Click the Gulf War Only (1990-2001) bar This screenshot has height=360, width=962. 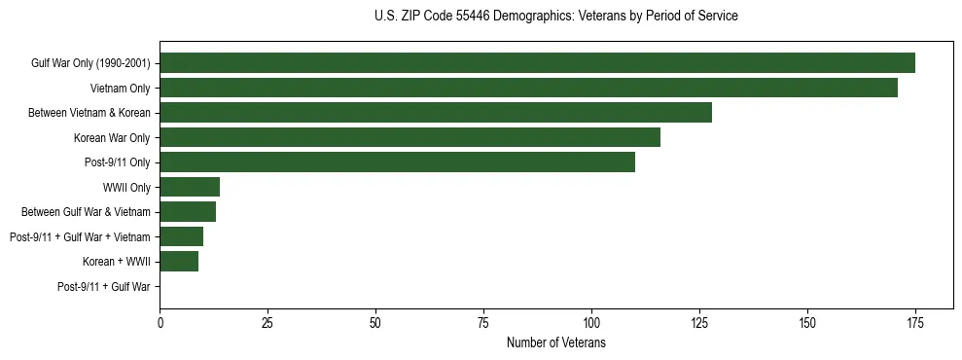pyautogui.click(x=537, y=63)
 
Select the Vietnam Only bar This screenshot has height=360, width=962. pyautogui.click(x=528, y=88)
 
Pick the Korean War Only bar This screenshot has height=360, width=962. pyautogui.click(x=410, y=137)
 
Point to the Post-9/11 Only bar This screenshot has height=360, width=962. pyautogui.click(x=397, y=162)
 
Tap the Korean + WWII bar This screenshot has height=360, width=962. pyautogui.click(x=179, y=262)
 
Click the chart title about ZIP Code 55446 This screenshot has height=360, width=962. pyautogui.click(x=555, y=17)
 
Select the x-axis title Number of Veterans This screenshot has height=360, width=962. pyautogui.click(x=555, y=343)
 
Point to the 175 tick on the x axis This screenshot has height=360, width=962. pyautogui.click(x=914, y=323)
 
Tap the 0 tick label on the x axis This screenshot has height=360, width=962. pyautogui.click(x=160, y=323)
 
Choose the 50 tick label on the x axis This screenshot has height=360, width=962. pyautogui.click(x=375, y=323)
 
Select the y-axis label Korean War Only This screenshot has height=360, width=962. pyautogui.click(x=112, y=138)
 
